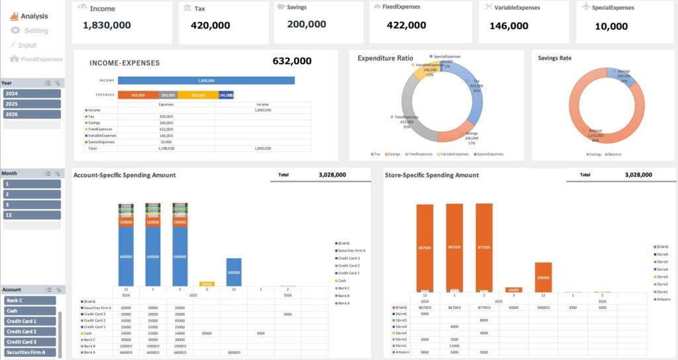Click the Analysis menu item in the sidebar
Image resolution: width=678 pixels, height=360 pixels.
click(x=33, y=16)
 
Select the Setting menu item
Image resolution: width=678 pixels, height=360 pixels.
click(x=36, y=30)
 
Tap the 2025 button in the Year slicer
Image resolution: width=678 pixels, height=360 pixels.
click(x=32, y=104)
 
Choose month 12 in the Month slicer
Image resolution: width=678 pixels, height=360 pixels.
click(x=32, y=215)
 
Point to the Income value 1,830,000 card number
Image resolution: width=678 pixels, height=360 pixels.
click(x=107, y=25)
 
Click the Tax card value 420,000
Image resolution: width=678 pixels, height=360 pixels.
click(x=210, y=25)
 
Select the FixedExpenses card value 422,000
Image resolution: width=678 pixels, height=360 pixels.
click(x=407, y=25)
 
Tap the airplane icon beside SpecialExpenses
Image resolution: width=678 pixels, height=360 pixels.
click(x=585, y=7)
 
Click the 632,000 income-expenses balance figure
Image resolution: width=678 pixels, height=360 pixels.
click(x=291, y=62)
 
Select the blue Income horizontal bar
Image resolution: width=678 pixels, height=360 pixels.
click(x=206, y=81)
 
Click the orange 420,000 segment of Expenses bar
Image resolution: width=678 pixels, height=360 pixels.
click(x=138, y=95)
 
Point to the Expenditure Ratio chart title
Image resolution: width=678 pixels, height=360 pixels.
click(x=385, y=58)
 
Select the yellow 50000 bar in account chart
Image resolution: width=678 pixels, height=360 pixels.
click(x=206, y=283)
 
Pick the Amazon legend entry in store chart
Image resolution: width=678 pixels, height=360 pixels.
click(x=661, y=299)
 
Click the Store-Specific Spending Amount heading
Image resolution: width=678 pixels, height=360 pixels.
click(x=431, y=175)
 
